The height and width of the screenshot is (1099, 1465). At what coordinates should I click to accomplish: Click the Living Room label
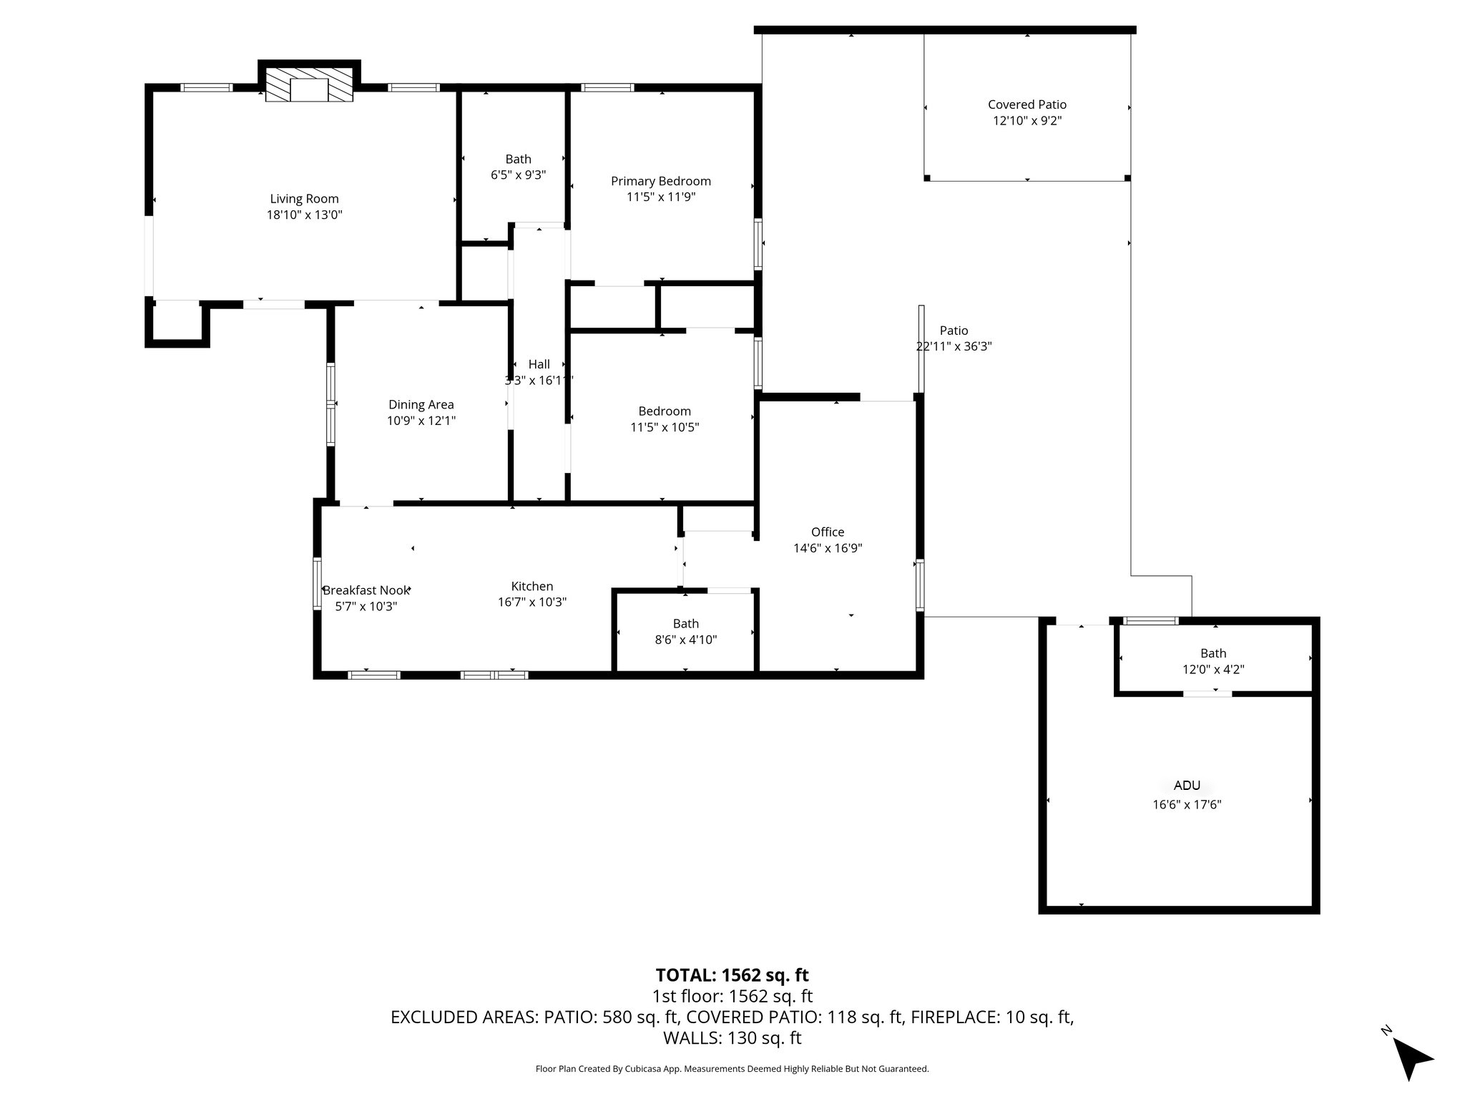pyautogui.click(x=304, y=199)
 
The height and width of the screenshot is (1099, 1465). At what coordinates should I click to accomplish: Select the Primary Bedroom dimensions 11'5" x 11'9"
pyautogui.click(x=660, y=197)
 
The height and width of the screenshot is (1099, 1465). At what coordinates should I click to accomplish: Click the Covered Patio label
pyautogui.click(x=1027, y=105)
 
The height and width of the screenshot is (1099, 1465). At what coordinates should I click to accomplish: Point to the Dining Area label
pyautogui.click(x=421, y=405)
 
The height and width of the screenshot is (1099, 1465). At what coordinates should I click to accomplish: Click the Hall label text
pyautogui.click(x=539, y=364)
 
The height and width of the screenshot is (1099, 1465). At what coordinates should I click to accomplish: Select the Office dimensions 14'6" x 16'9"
pyautogui.click(x=828, y=548)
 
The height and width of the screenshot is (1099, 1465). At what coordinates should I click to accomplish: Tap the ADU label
pyautogui.click(x=1187, y=786)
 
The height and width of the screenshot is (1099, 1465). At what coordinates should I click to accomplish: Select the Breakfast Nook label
pyautogui.click(x=366, y=590)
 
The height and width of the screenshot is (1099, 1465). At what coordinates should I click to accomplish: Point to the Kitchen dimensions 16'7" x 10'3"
pyautogui.click(x=532, y=602)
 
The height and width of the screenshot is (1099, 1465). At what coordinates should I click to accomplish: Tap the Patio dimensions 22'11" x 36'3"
pyautogui.click(x=954, y=346)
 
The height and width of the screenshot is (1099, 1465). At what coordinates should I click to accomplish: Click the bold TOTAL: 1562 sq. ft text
pyautogui.click(x=732, y=975)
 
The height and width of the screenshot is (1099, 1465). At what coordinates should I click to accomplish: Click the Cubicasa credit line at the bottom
pyautogui.click(x=732, y=1069)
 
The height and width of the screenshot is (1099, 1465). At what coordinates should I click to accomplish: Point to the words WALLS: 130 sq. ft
pyautogui.click(x=732, y=1037)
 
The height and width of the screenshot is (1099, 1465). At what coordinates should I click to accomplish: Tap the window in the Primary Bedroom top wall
pyautogui.click(x=607, y=88)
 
